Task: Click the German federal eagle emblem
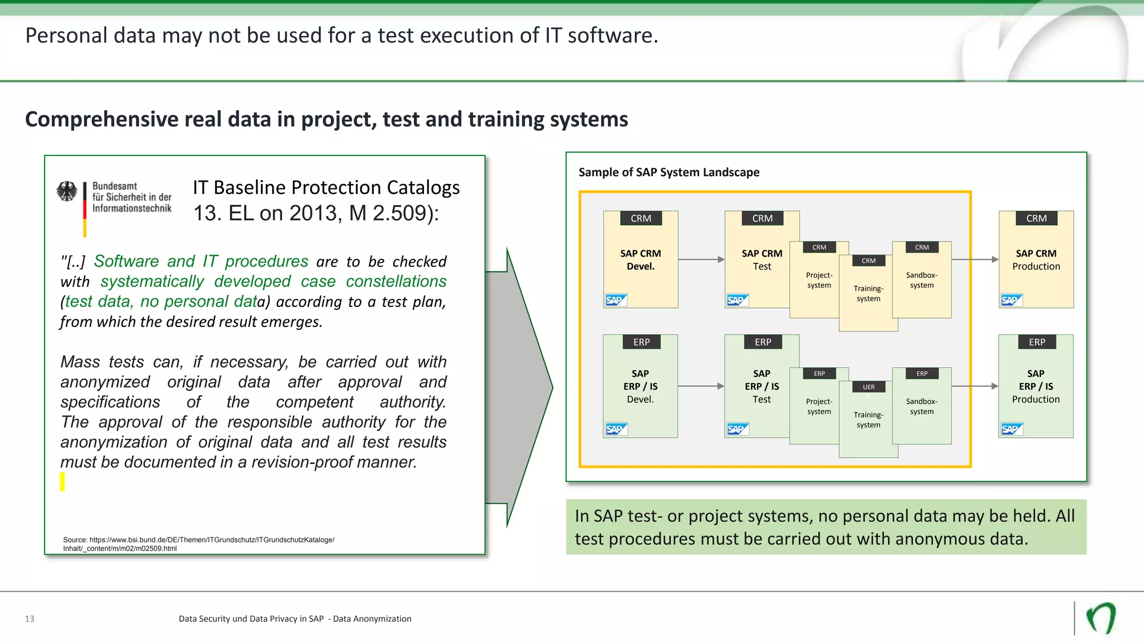67,191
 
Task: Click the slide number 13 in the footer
30,619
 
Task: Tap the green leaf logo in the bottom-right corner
1101,618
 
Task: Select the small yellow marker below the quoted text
63,481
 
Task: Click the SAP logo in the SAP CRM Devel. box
616,300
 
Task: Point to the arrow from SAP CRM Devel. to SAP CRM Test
701,259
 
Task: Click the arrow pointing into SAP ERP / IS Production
975,386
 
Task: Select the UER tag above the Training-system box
869,387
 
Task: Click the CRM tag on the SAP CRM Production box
1036,219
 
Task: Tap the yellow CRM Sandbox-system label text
922,280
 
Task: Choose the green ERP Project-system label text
819,406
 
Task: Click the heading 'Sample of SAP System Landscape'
669,172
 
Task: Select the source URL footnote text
198,544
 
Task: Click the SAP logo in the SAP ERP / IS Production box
1012,429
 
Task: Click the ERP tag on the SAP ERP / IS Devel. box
641,342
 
